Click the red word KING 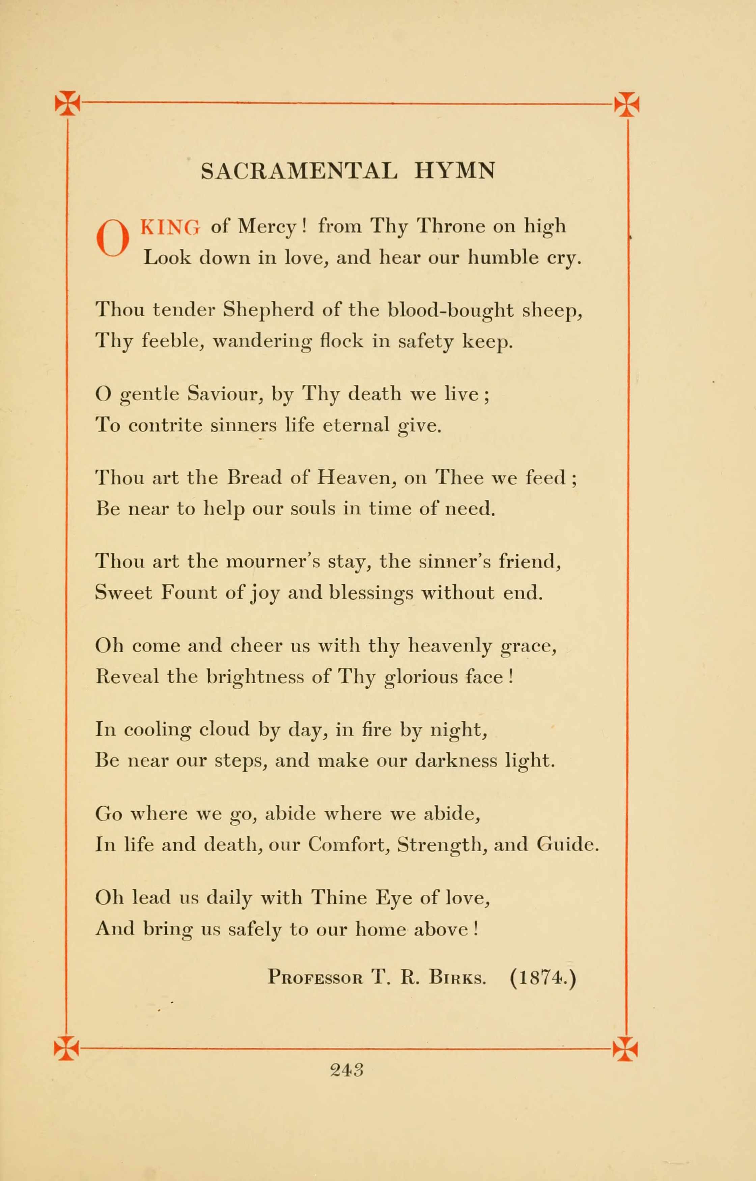pyautogui.click(x=170, y=227)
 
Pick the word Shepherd pyautogui.click(x=268, y=311)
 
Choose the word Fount pyautogui.click(x=189, y=593)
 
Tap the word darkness pyautogui.click(x=456, y=760)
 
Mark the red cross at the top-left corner pyautogui.click(x=67, y=103)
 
